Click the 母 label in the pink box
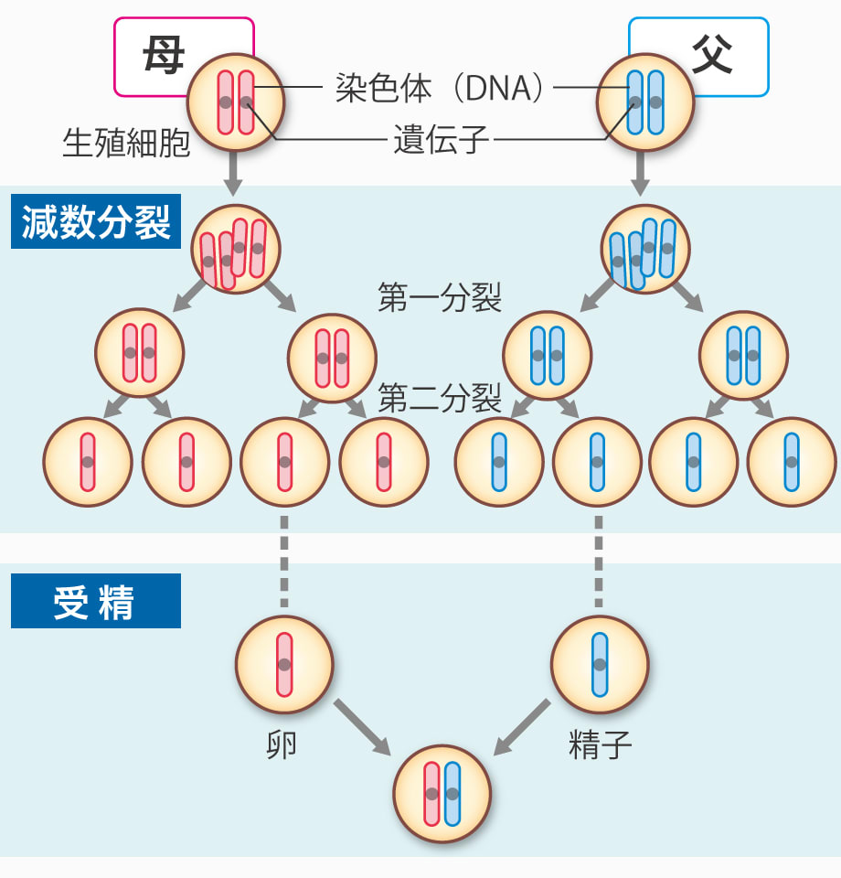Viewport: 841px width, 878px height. click(x=163, y=56)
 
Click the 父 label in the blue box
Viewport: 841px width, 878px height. click(x=710, y=56)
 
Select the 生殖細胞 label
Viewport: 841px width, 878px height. click(x=126, y=143)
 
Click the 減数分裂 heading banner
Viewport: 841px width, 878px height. click(x=96, y=222)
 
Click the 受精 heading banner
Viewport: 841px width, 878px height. click(x=95, y=603)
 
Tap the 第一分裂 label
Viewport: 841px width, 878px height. click(x=440, y=297)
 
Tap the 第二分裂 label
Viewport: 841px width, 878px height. click(x=440, y=398)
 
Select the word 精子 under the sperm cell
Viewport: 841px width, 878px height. click(x=600, y=746)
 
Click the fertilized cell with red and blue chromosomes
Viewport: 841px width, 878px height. click(x=442, y=794)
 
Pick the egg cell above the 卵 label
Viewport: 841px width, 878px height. click(x=284, y=665)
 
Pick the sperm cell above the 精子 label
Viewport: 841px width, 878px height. click(x=600, y=665)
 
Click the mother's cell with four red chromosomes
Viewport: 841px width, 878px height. click(x=235, y=249)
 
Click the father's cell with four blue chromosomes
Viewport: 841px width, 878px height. click(x=645, y=249)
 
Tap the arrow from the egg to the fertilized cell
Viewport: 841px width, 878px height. click(x=362, y=728)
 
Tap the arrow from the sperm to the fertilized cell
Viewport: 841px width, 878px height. click(x=523, y=728)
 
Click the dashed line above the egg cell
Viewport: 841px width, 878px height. click(x=284, y=562)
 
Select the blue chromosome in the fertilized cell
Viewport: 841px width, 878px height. click(x=451, y=794)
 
